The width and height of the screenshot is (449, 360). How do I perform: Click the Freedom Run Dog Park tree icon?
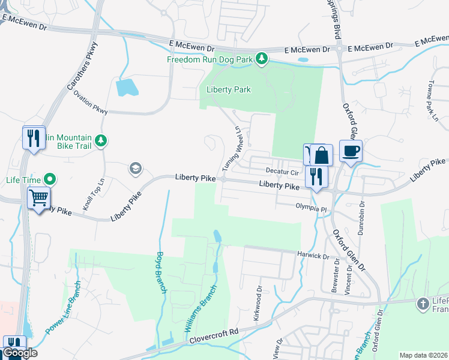[261, 58]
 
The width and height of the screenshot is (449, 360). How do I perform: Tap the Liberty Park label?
[228, 89]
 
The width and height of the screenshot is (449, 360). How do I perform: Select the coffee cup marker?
[351, 151]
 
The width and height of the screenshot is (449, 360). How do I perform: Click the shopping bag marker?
[322, 155]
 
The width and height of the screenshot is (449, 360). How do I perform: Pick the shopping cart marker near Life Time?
[39, 197]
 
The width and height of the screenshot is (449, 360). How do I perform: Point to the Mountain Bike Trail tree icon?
[102, 140]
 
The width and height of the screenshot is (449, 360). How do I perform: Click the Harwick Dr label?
[313, 256]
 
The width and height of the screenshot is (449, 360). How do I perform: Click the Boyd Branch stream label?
[161, 272]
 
